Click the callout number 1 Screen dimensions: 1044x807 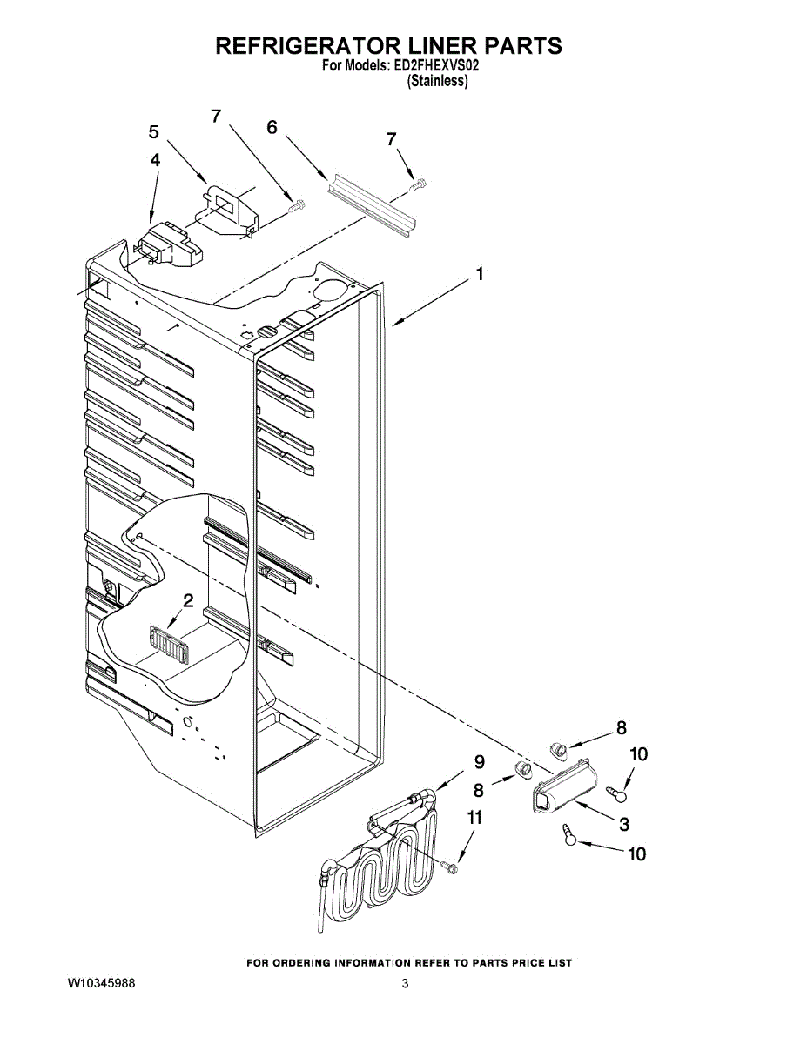point(479,275)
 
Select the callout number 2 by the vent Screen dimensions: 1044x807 point(186,600)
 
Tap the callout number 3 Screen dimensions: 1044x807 point(624,823)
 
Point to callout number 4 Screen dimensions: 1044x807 point(155,161)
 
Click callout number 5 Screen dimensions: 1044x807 point(154,132)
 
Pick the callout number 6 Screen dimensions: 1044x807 point(272,127)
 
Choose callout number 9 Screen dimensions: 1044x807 point(479,761)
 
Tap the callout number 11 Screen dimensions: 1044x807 point(474,817)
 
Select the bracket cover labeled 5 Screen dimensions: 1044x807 point(228,209)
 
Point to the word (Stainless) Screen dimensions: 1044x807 point(438,82)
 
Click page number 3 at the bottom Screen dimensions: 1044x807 point(405,984)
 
